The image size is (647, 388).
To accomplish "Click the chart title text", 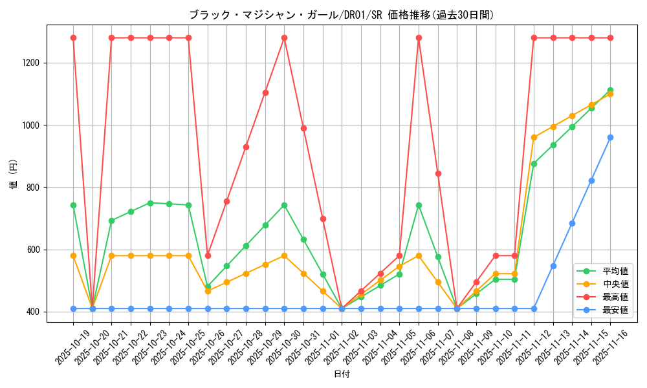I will click(x=342, y=15).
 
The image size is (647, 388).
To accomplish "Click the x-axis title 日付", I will click(x=342, y=374).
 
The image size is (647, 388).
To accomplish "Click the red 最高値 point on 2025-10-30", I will click(x=284, y=38).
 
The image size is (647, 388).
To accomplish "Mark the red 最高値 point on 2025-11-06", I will click(x=419, y=38).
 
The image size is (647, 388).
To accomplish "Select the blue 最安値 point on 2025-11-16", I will click(x=610, y=137).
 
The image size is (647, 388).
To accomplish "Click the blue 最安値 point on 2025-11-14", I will click(x=572, y=223).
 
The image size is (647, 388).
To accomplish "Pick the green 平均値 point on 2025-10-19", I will click(x=73, y=205).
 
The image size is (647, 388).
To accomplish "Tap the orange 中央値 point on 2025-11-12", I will click(x=534, y=137).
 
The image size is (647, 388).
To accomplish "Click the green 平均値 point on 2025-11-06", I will click(x=419, y=205).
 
